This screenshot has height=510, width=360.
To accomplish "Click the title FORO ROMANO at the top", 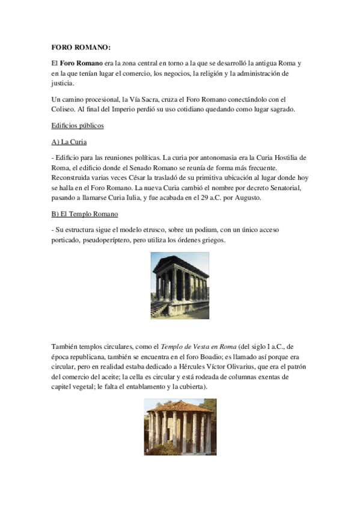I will [81, 47].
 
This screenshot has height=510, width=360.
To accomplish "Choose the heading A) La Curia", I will [69, 142].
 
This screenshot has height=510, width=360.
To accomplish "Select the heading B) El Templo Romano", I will [85, 214].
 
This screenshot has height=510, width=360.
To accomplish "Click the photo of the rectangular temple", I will [179, 284].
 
